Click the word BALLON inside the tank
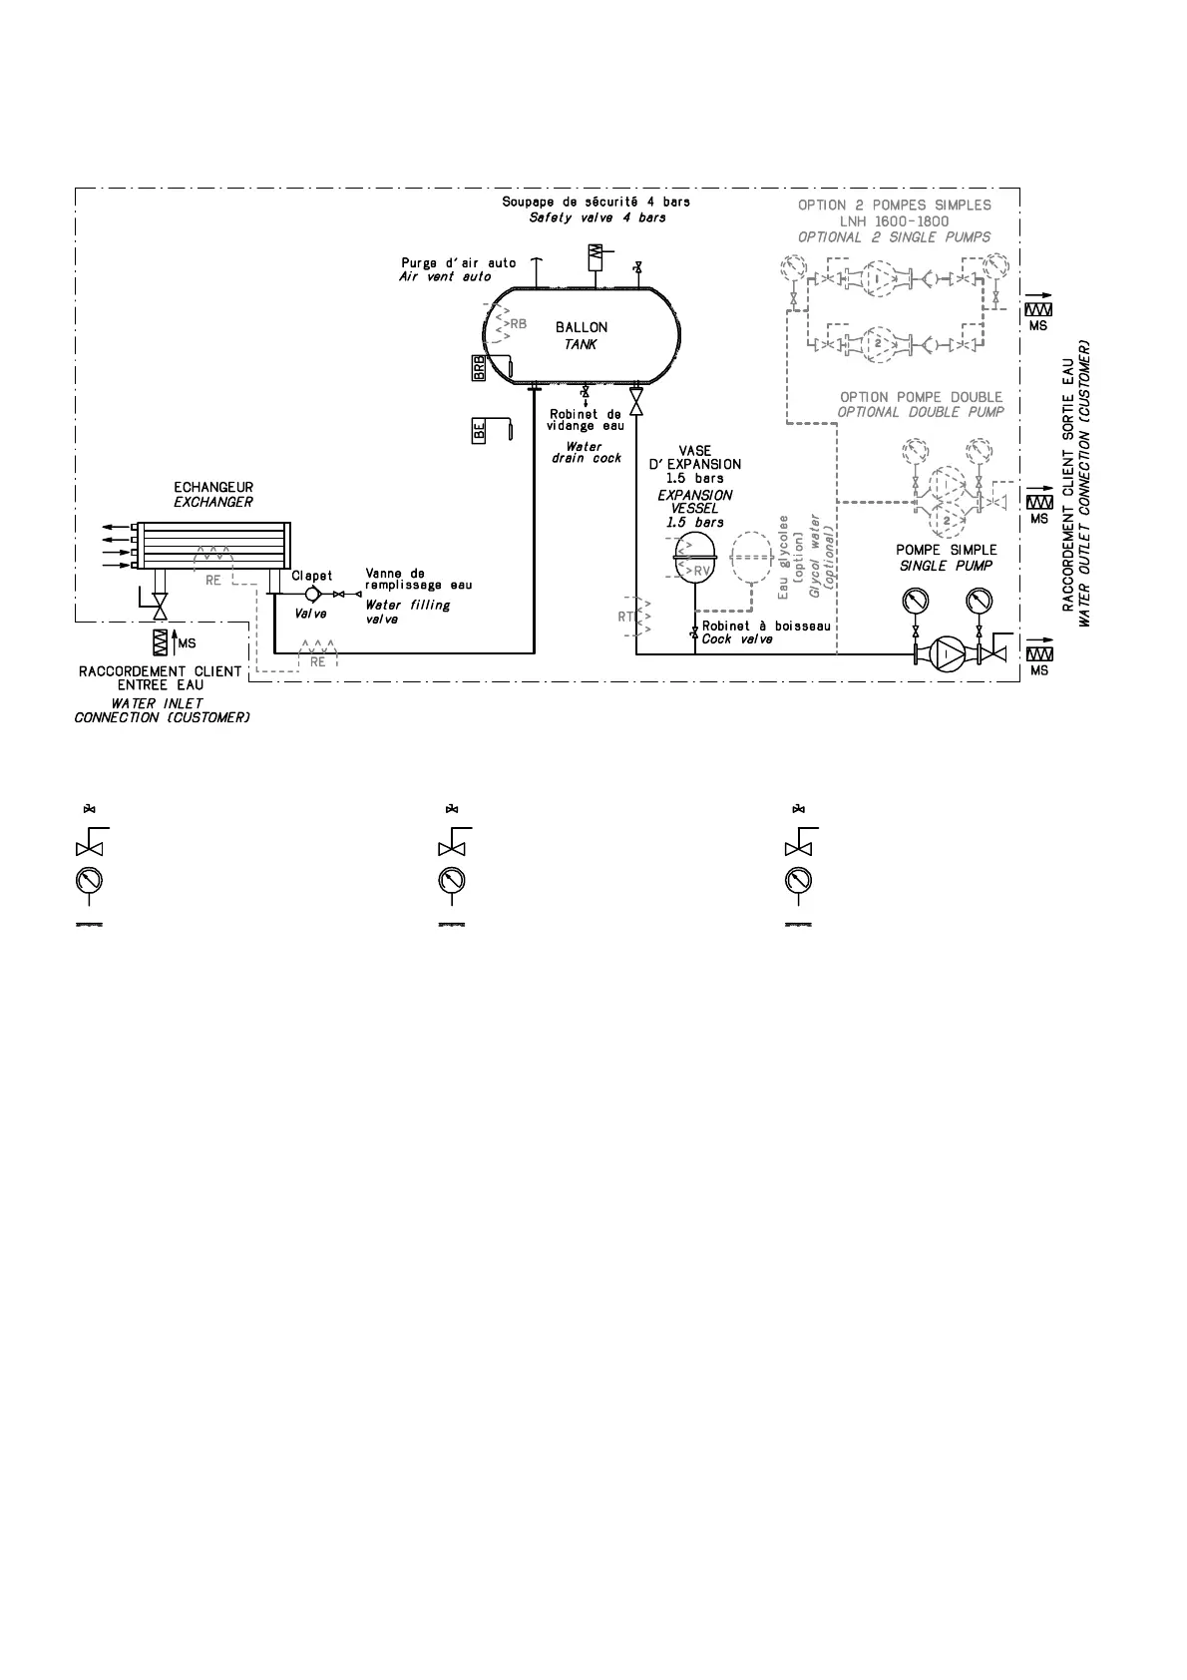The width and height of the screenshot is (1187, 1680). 581,327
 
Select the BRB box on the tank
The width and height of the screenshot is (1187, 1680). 479,368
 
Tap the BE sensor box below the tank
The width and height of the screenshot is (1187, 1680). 479,432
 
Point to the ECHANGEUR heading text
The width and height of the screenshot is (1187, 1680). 213,488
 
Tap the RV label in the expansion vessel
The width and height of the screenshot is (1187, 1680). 702,570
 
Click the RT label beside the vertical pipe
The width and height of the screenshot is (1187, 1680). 625,618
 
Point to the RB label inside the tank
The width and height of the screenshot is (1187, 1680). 517,324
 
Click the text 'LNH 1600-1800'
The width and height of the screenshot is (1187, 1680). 894,221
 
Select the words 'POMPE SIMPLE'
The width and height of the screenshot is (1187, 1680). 946,550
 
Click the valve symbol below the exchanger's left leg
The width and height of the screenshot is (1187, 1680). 158,605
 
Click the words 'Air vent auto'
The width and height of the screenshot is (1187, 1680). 445,276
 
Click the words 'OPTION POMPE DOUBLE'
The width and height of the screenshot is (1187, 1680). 921,397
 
